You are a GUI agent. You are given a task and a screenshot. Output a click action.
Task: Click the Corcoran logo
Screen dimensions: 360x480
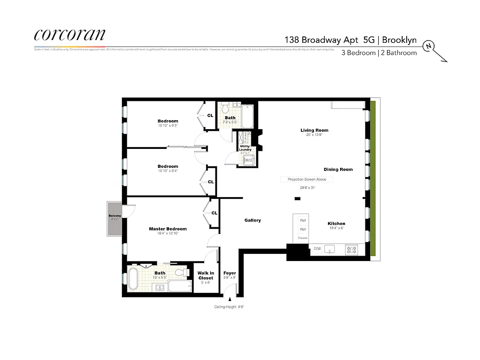[70, 36]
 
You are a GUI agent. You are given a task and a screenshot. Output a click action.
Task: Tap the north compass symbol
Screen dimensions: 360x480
[430, 46]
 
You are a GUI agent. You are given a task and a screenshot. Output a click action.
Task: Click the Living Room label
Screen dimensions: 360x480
[314, 130]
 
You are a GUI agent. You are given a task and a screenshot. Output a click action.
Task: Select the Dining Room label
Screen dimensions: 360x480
[338, 170]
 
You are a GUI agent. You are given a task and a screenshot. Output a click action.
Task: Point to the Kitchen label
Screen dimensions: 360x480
[336, 224]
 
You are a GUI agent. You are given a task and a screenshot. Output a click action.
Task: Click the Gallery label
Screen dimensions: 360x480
[252, 220]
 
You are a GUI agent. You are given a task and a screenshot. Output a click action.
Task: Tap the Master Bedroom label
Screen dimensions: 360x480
[167, 229]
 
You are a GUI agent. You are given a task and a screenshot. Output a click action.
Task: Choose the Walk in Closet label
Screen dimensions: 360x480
[206, 275]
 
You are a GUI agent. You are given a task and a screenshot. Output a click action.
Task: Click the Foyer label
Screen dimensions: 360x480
[229, 273]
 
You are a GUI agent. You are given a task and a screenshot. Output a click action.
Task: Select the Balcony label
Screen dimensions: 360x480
[115, 216]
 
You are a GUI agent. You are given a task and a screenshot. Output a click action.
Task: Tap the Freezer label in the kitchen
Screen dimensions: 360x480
[303, 238]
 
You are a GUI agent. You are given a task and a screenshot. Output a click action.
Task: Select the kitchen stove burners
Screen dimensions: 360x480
[351, 249]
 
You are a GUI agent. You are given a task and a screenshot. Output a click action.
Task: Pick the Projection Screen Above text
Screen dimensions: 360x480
[307, 179]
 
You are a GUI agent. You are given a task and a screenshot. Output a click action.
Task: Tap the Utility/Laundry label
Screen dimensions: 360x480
[245, 148]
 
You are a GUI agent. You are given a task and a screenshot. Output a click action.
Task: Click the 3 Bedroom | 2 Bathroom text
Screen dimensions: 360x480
[379, 53]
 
